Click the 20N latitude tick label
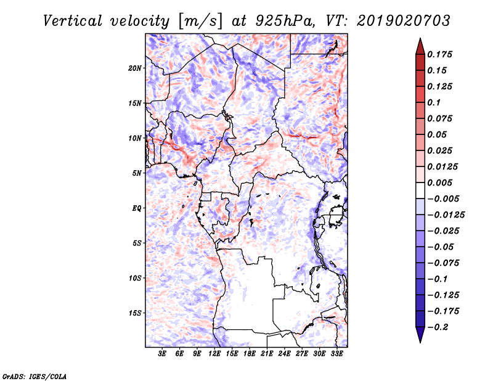(135, 68)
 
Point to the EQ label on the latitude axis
(137, 208)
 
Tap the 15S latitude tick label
(135, 313)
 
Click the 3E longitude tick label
(163, 354)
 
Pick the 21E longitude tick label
(267, 354)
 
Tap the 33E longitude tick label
(337, 354)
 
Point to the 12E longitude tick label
(215, 354)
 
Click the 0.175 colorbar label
(441, 54)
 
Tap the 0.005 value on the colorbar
(441, 182)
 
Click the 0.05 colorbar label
(438, 134)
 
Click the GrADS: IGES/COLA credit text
(34, 375)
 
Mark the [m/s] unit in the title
(198, 20)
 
